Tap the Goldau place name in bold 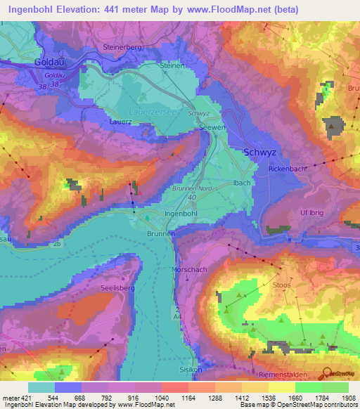point(49,62)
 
